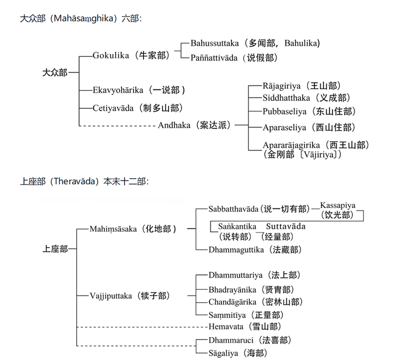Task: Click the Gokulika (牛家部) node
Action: (x=131, y=56)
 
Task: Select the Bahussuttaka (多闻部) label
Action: (x=255, y=43)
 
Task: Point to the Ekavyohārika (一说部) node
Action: (x=139, y=90)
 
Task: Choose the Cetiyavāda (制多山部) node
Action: (x=137, y=108)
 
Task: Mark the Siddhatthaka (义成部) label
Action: (x=306, y=98)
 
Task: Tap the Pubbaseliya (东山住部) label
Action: (x=309, y=112)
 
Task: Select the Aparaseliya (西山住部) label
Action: (x=309, y=128)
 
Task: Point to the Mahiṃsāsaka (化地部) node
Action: (x=133, y=229)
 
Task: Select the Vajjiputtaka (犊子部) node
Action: (x=130, y=296)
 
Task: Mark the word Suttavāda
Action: (x=286, y=226)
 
